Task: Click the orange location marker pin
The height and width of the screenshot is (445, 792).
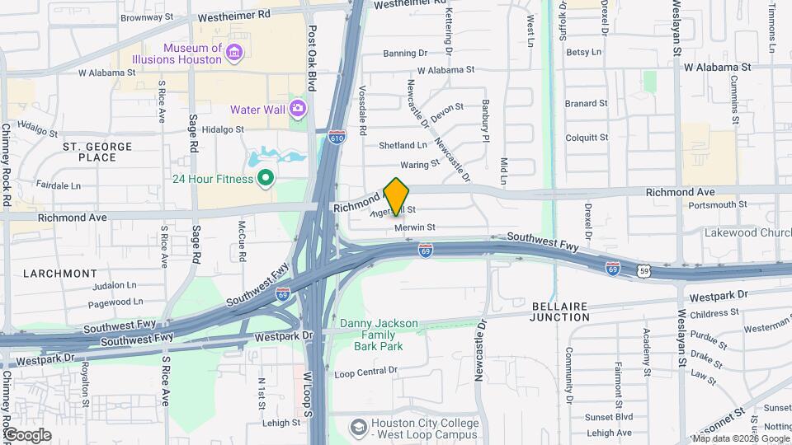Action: pyautogui.click(x=397, y=196)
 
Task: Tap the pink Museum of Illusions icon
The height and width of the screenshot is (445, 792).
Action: pyautogui.click(x=235, y=54)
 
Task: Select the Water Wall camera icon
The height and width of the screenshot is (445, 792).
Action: pyautogui.click(x=298, y=108)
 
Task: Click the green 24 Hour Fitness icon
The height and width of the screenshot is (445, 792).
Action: pyautogui.click(x=265, y=177)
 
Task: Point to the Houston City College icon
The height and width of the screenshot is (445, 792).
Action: pyautogui.click(x=359, y=427)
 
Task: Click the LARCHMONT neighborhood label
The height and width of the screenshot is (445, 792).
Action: pyautogui.click(x=60, y=273)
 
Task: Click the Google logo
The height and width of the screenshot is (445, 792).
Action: pyautogui.click(x=26, y=434)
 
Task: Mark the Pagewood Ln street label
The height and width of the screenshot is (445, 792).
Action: pyautogui.click(x=118, y=302)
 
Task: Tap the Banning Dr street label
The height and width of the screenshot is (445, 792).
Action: pyautogui.click(x=405, y=54)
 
